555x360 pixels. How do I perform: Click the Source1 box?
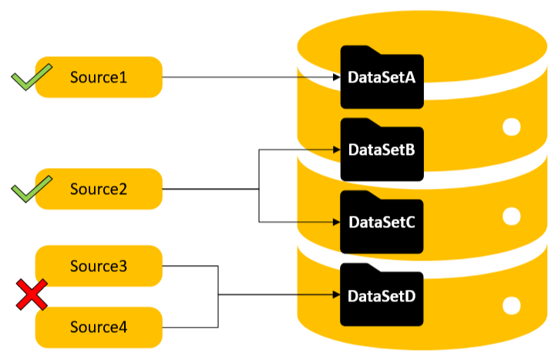[99, 77]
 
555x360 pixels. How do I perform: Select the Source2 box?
[99, 189]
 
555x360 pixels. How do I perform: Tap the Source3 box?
[99, 266]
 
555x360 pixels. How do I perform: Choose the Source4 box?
[99, 327]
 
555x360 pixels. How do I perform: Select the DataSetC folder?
[382, 222]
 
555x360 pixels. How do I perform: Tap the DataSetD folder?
[382, 295]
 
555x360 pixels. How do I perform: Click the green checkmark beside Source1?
[31, 78]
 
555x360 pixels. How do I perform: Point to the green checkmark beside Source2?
[31, 188]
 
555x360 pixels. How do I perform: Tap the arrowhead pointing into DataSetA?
[336, 77]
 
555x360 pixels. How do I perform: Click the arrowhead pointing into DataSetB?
[336, 150]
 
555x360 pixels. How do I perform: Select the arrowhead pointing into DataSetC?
[336, 222]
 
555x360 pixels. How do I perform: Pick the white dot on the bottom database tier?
[512, 305]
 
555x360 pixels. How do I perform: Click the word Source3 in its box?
[99, 266]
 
